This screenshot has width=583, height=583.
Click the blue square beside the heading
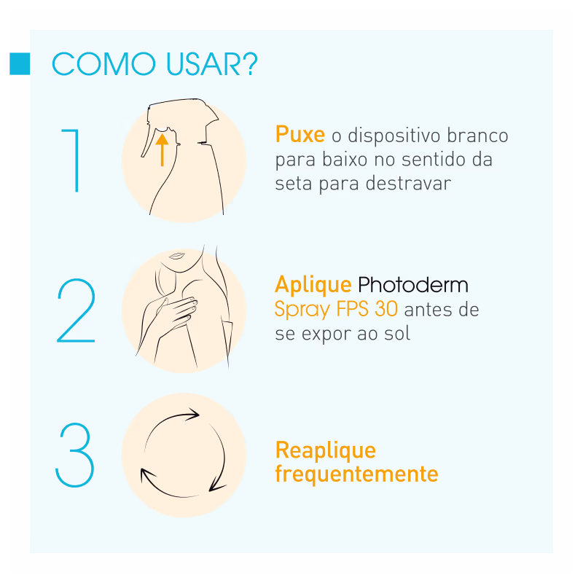point(20,64)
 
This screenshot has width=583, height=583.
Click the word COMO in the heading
point(103,64)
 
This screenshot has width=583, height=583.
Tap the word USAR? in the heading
point(211,64)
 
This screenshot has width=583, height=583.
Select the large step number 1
point(71,160)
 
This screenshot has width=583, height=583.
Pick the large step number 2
point(77,310)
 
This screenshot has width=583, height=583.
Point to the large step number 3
point(75,455)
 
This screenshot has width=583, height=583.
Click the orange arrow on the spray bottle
point(162,150)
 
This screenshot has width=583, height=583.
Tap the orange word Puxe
point(300,135)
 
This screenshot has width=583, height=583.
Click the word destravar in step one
point(408,184)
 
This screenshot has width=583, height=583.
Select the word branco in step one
point(477,135)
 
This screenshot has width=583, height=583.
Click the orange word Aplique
point(313,286)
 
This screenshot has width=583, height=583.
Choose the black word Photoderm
point(413,285)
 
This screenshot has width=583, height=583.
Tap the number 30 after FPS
point(386,309)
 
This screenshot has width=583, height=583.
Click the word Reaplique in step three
point(326,451)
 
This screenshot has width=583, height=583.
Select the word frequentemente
point(356,474)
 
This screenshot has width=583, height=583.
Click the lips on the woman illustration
point(177,256)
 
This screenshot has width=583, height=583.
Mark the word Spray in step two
point(302,310)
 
